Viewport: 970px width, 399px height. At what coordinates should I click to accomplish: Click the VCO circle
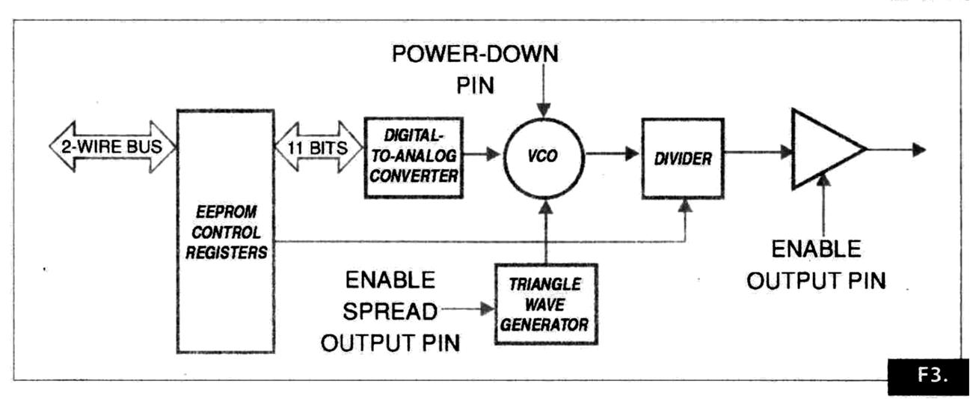coord(545,156)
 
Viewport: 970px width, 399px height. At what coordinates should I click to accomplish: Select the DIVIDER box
coord(683,158)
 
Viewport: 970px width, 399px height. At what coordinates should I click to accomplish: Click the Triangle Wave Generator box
coord(546,304)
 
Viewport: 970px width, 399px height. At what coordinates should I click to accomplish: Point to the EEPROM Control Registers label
coord(226,233)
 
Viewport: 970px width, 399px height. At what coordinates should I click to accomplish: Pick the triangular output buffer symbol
coord(823,149)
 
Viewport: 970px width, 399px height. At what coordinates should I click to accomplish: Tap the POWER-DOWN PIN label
coord(476,68)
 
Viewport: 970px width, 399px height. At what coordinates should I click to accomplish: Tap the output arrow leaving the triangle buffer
coord(897,150)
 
